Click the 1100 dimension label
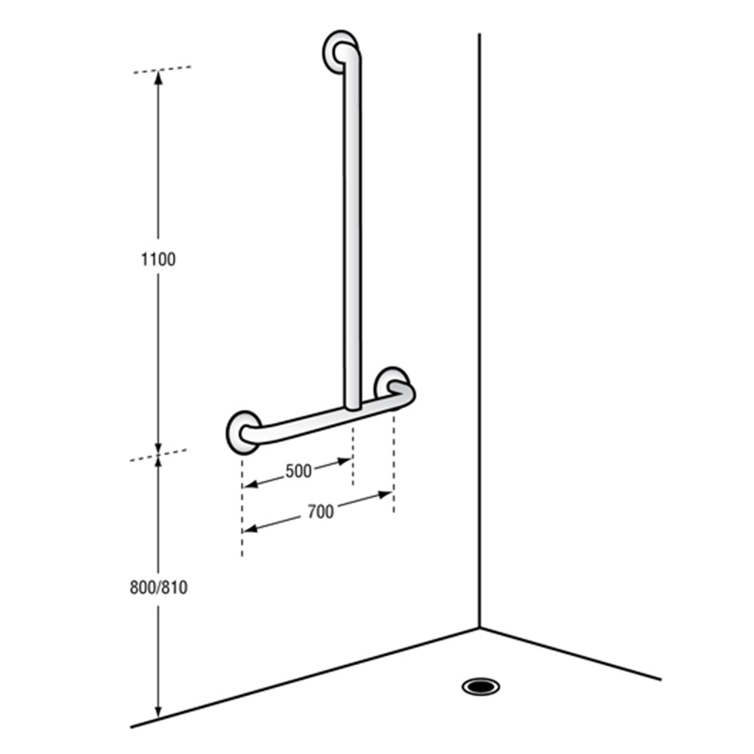click(x=158, y=259)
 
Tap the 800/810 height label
click(x=158, y=587)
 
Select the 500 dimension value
click(x=299, y=472)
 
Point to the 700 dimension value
click(x=320, y=512)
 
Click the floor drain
click(x=480, y=686)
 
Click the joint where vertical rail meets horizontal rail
click(x=352, y=407)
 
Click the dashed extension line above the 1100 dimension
click(x=162, y=70)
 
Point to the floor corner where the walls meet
click(x=480, y=627)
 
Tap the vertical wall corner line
click(x=480, y=302)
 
